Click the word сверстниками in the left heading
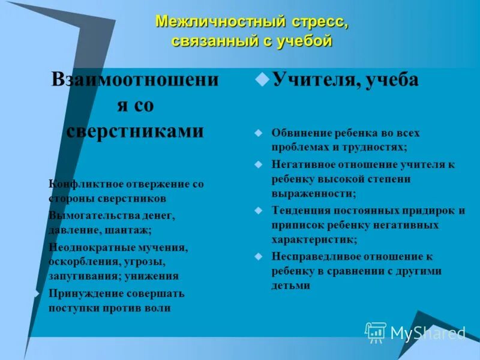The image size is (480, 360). coord(134,131)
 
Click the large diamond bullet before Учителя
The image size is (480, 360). coord(261,79)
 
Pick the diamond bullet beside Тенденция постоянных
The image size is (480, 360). coord(259,211)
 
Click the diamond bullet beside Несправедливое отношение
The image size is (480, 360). coord(259,257)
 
